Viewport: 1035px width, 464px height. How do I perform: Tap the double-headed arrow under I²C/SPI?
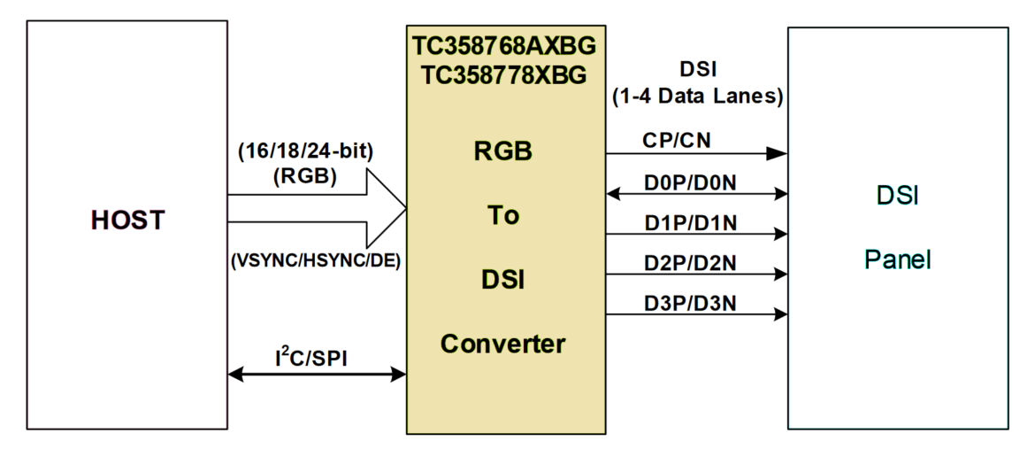[x=316, y=375]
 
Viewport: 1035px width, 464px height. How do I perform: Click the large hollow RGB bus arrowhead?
[x=385, y=208]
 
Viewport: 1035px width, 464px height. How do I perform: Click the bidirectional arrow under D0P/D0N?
[x=696, y=194]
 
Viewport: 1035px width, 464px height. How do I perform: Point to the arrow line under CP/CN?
[x=696, y=153]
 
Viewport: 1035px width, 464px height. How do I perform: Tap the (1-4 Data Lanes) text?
[x=697, y=97]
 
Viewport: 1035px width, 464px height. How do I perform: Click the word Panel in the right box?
[x=898, y=261]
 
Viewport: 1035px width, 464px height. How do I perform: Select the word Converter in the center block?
[x=503, y=343]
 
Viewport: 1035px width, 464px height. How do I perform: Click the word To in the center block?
[x=503, y=216]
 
